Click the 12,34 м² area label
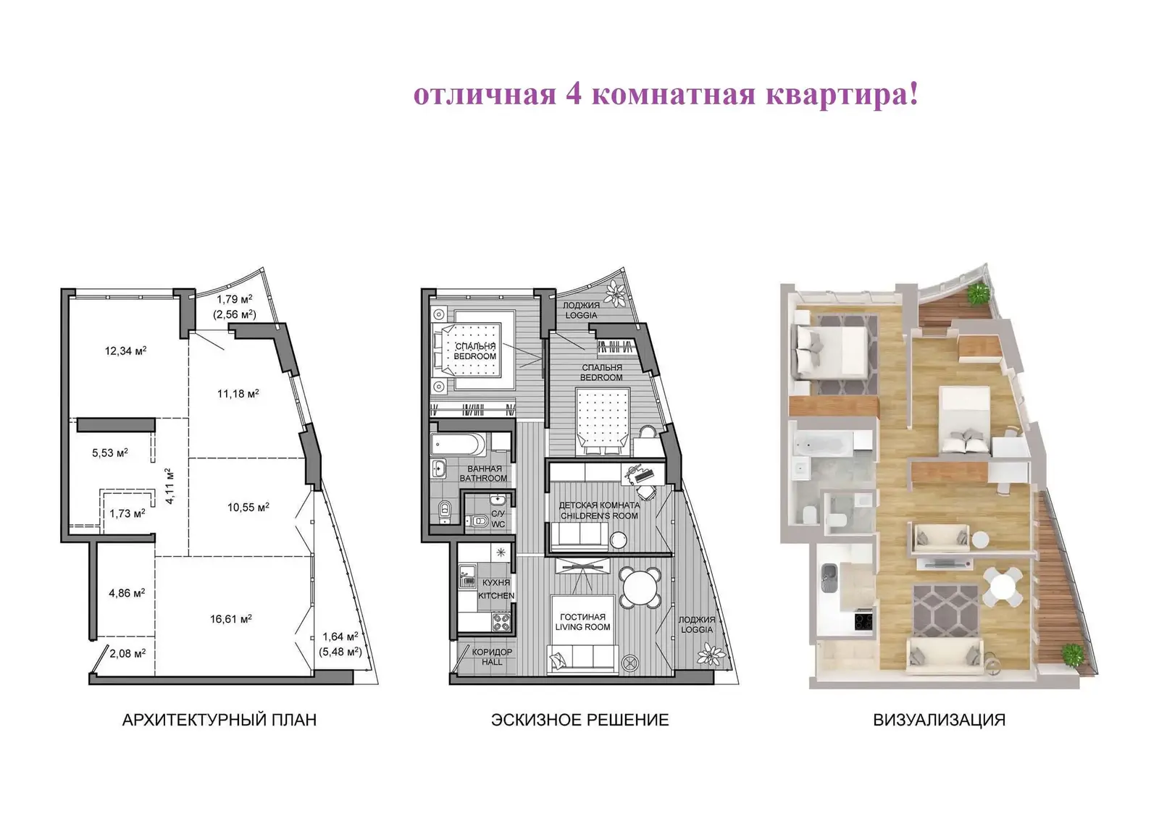coord(126,350)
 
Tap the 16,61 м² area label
coord(231,619)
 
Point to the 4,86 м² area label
coord(127,593)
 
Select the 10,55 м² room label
coord(248,507)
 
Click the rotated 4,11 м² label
coord(170,486)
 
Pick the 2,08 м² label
coord(127,653)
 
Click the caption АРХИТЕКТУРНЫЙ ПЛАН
coord(219,720)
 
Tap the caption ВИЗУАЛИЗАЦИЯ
coord(939,720)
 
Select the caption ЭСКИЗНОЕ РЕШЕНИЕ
coord(580,720)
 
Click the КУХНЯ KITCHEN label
coord(496,589)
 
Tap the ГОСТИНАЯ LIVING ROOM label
coord(582,621)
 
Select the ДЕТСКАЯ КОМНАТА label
coord(599,505)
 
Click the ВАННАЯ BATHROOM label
coord(483,474)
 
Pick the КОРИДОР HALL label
coord(492,657)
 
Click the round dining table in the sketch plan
coord(640,587)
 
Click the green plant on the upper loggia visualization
coord(977,293)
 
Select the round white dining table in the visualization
coord(1003,586)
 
